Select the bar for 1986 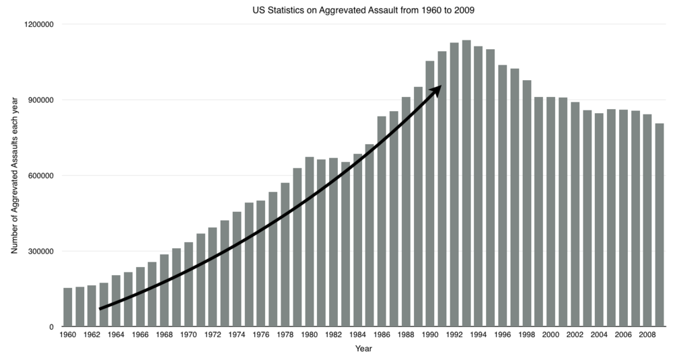[382, 222]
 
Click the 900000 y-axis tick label [40, 100]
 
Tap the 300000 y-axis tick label [40, 252]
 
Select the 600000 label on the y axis [40, 176]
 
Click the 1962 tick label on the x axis [92, 334]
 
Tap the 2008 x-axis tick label [647, 334]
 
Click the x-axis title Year [363, 349]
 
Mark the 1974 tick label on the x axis [237, 334]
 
